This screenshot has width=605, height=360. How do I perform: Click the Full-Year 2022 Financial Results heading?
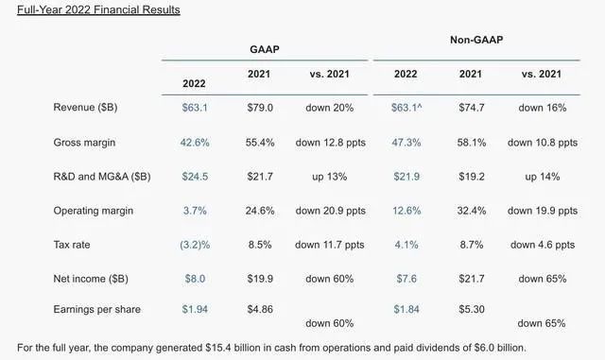pos(98,9)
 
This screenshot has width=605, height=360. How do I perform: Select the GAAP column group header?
pos(265,49)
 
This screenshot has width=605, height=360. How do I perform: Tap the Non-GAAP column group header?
pos(476,40)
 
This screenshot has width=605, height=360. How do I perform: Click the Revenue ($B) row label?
pos(85,108)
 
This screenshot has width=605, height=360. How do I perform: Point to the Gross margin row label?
pos(84,143)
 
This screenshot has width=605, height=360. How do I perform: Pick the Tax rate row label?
pos(72,245)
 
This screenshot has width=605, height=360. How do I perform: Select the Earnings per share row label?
pos(96,309)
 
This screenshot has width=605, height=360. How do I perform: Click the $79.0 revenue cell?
pos(260,108)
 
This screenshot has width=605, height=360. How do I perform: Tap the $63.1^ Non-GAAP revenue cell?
pos(406,108)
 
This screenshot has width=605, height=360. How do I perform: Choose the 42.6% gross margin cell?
pos(195,143)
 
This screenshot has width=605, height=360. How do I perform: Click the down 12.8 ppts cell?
pos(331,143)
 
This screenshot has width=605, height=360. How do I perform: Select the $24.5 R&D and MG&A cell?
pos(195,177)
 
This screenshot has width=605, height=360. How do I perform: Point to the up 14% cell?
pos(542,177)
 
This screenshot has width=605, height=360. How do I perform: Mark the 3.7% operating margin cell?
pos(195,211)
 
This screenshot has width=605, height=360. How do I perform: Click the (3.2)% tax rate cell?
pos(195,245)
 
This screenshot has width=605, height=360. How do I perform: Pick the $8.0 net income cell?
pos(195,279)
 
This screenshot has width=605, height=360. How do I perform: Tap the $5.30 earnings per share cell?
pos(472,309)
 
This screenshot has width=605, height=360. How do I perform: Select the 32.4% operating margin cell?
pos(472,211)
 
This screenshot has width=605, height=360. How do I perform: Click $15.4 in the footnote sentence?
pos(218,348)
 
